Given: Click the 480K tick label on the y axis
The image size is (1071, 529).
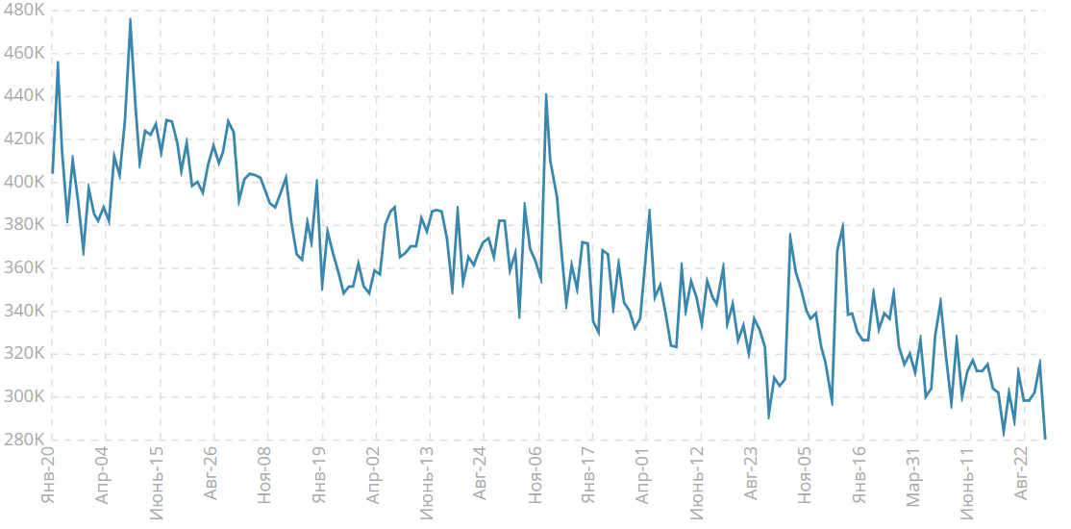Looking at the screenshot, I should (x=24, y=11).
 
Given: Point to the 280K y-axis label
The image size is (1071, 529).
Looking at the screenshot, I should (x=24, y=440).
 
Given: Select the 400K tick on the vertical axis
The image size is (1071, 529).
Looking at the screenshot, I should (x=24, y=182).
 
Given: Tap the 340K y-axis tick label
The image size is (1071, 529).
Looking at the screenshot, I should (x=24, y=311).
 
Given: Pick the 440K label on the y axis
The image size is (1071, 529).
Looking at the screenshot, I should (x=24, y=96).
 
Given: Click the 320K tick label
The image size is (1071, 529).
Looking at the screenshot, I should (x=24, y=354).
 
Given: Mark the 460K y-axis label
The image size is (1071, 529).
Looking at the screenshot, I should (x=24, y=53).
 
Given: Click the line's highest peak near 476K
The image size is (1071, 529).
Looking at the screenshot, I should (x=131, y=19).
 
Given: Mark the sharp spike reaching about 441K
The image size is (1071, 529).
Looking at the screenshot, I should (x=546, y=94).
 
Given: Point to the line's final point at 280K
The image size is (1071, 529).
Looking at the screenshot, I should (x=1045, y=439).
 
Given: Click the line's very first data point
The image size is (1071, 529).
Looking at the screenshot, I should (x=52, y=173).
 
